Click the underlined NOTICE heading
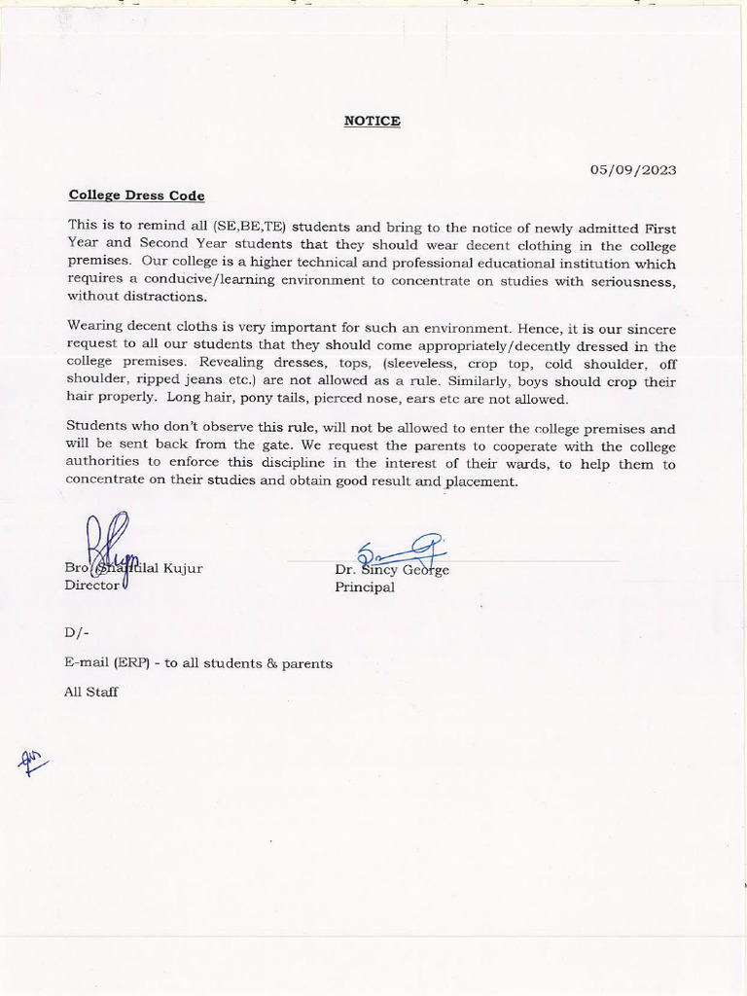tap(372, 122)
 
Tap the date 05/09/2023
tap(633, 169)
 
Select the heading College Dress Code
tap(136, 195)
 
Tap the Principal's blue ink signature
tap(399, 555)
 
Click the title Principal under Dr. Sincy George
tap(365, 587)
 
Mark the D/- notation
tap(77, 632)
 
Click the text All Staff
tap(91, 693)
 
